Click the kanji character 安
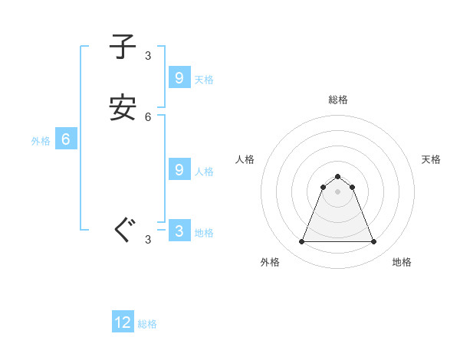point(123,108)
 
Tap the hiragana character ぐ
point(123,231)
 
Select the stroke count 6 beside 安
point(148,117)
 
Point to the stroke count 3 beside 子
point(148,55)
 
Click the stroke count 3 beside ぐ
point(148,240)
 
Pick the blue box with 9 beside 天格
point(179,78)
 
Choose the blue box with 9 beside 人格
point(179,170)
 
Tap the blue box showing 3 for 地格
point(179,231)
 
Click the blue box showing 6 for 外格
point(66,139)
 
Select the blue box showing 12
point(123,322)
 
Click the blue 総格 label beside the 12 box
point(147,324)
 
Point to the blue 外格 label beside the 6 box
point(41,141)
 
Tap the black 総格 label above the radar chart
point(338,100)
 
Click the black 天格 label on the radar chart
point(431,159)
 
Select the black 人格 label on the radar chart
point(245,159)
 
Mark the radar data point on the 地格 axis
point(374,242)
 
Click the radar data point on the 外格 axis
point(301,242)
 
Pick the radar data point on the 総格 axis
point(337,176)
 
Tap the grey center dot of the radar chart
point(337,191)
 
